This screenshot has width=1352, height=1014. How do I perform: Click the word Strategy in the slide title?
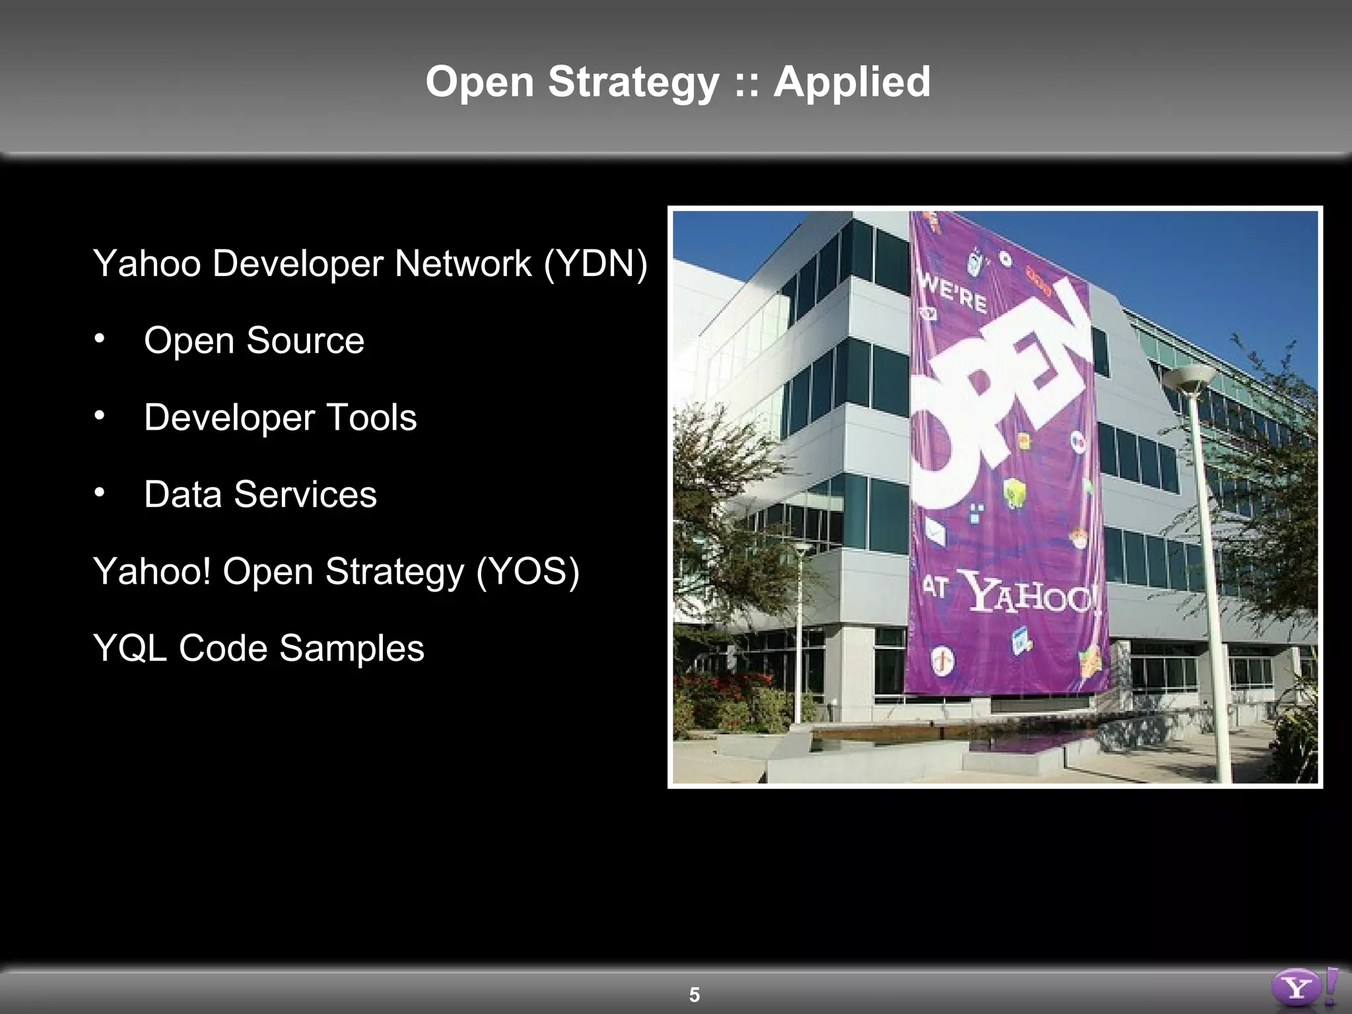(633, 83)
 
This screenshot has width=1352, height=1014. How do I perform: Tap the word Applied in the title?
(852, 83)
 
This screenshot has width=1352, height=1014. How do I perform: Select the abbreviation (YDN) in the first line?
(595, 263)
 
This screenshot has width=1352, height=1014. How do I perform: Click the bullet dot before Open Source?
(99, 339)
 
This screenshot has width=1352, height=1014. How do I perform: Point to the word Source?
(305, 341)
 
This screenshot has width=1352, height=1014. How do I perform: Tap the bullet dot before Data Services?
(99, 492)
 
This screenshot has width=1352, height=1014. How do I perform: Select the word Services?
(305, 494)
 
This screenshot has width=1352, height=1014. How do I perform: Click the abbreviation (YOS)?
(527, 571)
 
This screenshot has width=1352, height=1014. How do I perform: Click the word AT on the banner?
(935, 586)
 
